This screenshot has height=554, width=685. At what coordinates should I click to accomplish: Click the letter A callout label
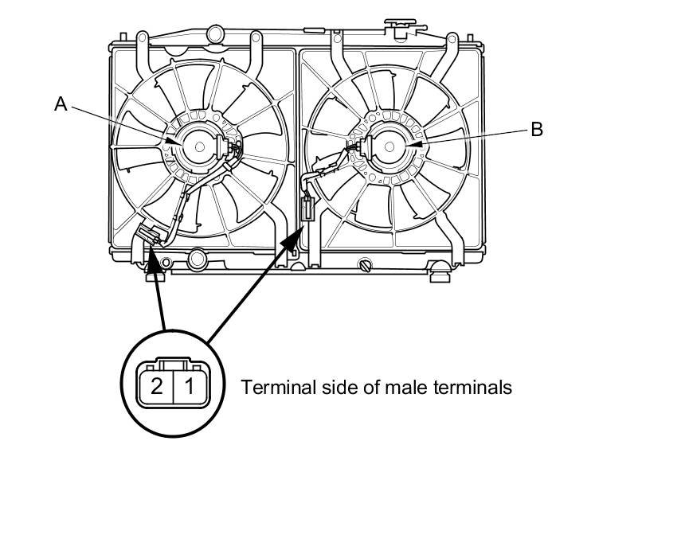point(61,104)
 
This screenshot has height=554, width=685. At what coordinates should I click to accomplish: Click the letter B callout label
point(537,130)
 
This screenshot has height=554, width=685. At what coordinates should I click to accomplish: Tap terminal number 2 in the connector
point(156,386)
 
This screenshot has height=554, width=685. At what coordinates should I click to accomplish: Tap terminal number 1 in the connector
point(189,386)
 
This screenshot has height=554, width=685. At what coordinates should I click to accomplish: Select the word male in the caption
point(407,387)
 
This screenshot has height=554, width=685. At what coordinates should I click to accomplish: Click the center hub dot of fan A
point(200,146)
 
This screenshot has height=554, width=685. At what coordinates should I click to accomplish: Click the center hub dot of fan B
point(389,146)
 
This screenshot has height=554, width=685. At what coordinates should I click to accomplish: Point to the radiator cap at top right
point(400,27)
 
